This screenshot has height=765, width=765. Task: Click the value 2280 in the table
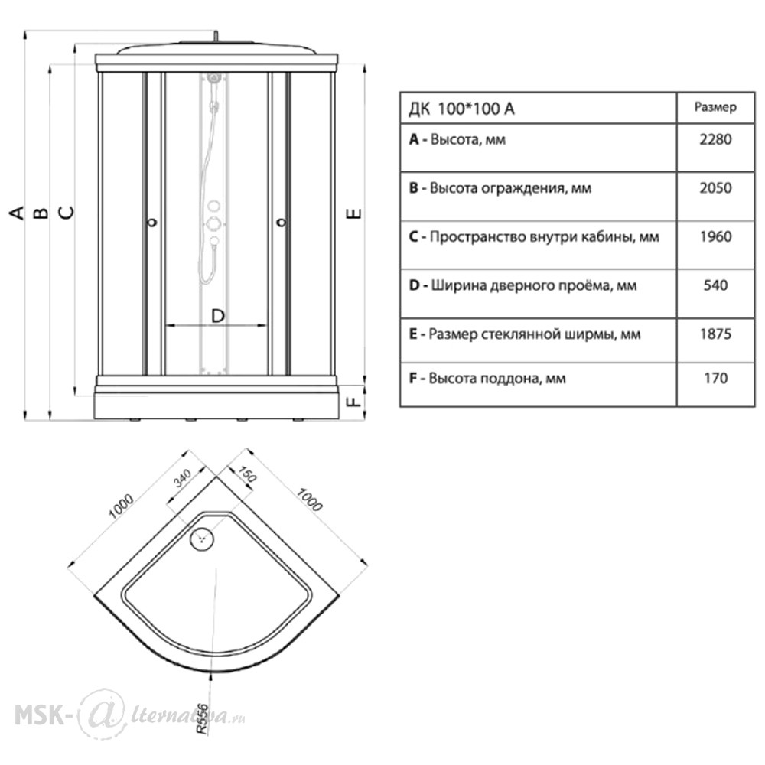(715, 139)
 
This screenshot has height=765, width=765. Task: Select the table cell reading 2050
(715, 188)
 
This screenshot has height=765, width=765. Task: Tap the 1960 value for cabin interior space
(715, 237)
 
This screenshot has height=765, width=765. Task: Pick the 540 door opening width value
(715, 285)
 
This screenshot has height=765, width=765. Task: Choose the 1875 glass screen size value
(715, 334)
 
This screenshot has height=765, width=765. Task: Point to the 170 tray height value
(715, 378)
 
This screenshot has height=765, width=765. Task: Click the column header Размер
(715, 107)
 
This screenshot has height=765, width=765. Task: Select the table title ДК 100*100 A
(461, 109)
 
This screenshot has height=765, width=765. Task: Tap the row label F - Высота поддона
(487, 379)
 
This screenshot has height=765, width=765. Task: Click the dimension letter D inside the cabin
(217, 316)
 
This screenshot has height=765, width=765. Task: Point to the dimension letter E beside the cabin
(356, 213)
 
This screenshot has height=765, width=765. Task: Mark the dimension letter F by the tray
(356, 401)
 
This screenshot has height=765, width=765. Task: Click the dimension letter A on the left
(18, 213)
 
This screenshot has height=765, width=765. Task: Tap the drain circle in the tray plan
(202, 538)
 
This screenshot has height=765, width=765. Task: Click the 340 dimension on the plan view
(182, 478)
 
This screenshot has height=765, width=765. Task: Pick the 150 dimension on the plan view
(247, 474)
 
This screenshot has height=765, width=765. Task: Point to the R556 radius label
(202, 718)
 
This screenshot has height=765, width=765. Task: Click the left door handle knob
(152, 223)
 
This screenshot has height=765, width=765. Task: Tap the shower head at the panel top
(213, 77)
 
